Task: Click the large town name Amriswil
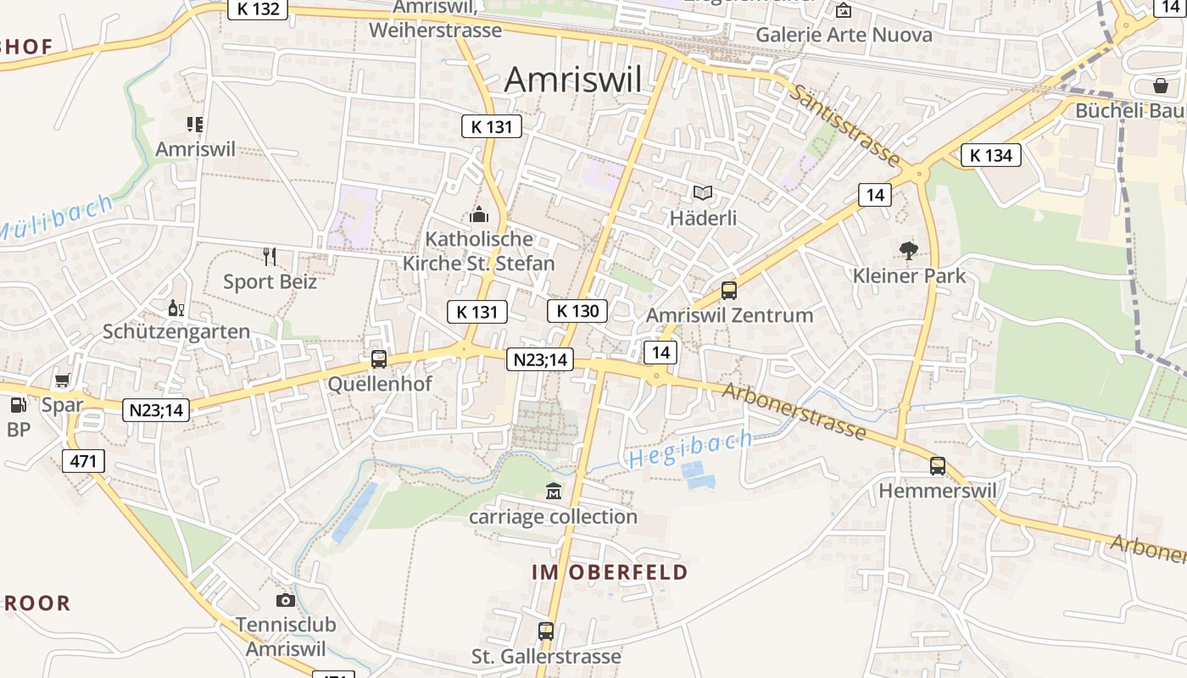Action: coord(573,80)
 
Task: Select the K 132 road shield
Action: coord(258,8)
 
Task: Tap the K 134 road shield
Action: coord(990,155)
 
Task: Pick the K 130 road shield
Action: coord(577,311)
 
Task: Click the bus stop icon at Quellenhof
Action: coord(378,359)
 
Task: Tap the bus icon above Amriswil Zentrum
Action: coord(728,291)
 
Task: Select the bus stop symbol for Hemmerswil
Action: coord(937,465)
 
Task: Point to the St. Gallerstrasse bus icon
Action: coord(545,631)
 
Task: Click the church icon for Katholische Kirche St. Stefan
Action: coord(479,215)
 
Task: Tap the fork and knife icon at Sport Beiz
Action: coord(270,256)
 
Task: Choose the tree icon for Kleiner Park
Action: coord(909,250)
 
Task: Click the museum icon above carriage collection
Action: coord(553,491)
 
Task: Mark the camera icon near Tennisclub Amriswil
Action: coord(286,600)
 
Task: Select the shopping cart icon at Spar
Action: coord(62,380)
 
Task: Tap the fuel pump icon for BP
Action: coord(18,405)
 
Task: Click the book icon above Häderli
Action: coord(703,193)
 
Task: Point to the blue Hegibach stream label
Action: coord(690,449)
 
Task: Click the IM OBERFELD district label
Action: coord(610,572)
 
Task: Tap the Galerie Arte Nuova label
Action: coord(844,35)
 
